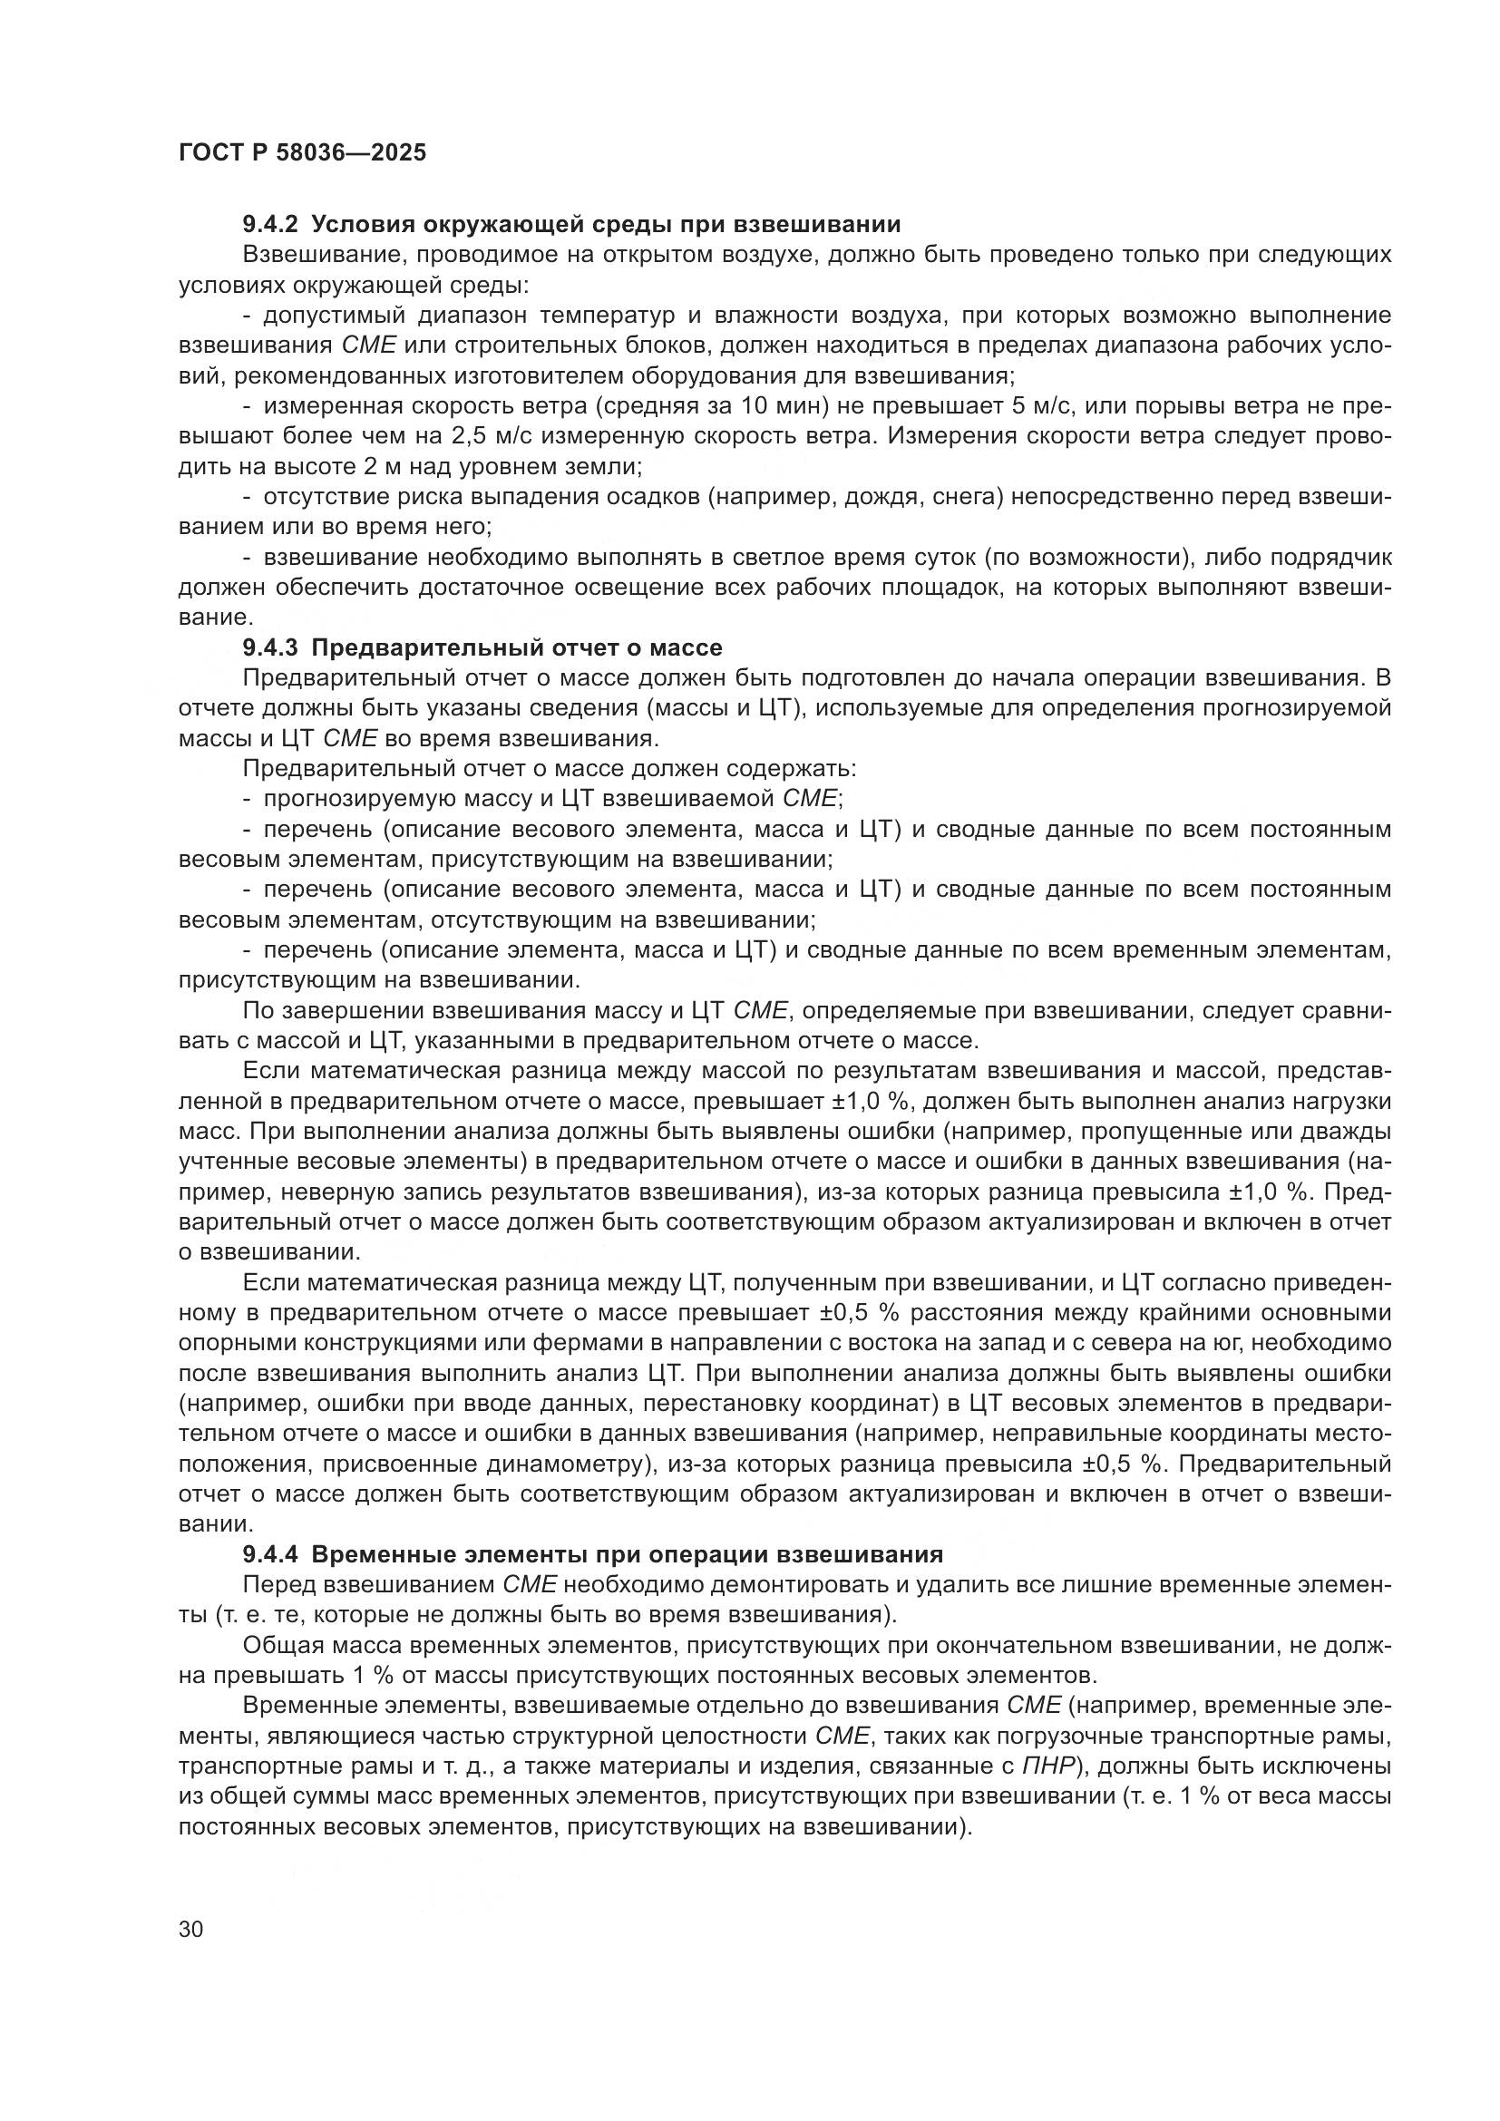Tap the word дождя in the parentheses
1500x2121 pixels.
point(863,497)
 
